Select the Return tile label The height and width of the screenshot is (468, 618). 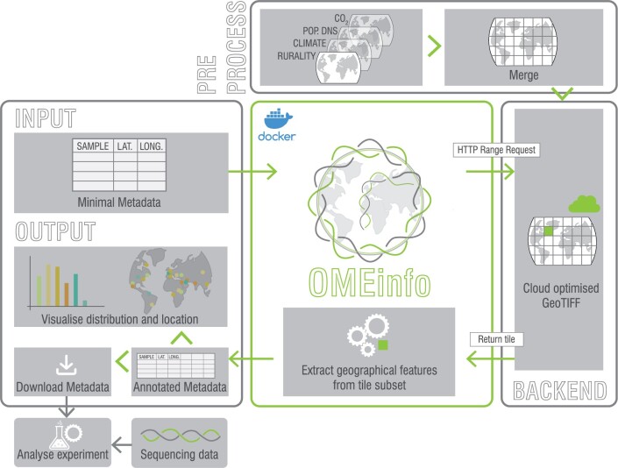[497, 339]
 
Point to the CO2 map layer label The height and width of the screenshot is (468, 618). [340, 18]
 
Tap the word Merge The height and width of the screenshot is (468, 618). [523, 75]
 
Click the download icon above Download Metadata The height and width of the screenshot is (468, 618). [62, 363]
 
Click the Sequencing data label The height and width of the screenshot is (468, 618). [179, 455]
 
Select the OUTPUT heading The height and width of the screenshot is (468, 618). [55, 232]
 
